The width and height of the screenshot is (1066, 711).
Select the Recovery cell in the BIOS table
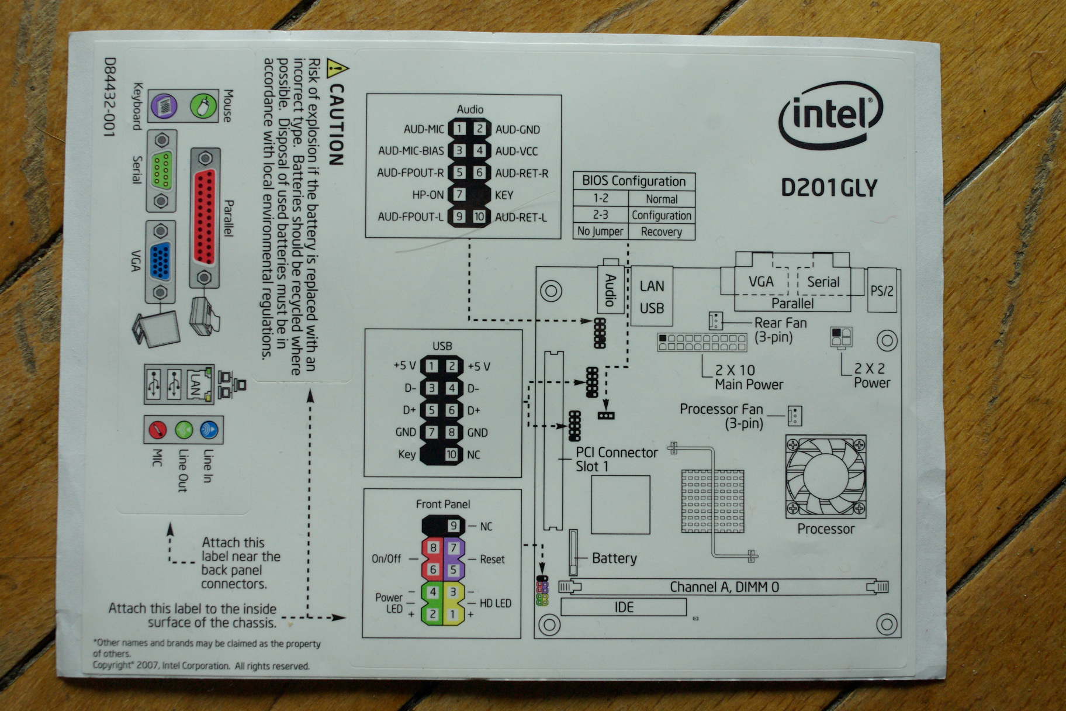click(661, 232)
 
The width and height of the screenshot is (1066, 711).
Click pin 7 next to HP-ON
click(460, 195)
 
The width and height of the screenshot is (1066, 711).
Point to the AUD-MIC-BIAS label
click(411, 151)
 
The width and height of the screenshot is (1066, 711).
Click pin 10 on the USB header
click(451, 454)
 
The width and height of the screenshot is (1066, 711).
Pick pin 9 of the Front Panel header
click(453, 526)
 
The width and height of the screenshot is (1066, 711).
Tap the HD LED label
click(495, 603)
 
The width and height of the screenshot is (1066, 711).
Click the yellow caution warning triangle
click(337, 70)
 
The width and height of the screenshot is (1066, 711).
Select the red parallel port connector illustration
click(204, 218)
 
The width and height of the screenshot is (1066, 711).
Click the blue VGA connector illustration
click(160, 262)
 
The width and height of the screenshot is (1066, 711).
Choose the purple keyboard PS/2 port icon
click(164, 106)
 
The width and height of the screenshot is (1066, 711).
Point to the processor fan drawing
click(825, 476)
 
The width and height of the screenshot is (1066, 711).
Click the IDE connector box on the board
click(623, 607)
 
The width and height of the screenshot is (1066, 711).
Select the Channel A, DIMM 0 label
click(724, 587)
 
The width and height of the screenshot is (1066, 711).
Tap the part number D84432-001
click(109, 96)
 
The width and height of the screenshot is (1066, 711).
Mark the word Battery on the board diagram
click(614, 558)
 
